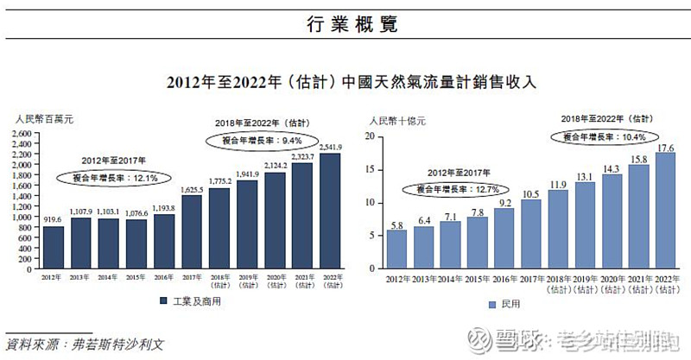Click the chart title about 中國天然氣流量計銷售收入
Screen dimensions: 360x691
pyautogui.click(x=345, y=83)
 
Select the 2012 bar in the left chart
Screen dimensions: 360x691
pyautogui.click(x=54, y=245)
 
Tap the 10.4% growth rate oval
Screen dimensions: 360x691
pyautogui.click(x=603, y=136)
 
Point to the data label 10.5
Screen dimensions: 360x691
pyautogui.click(x=530, y=193)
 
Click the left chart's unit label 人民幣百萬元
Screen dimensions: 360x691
pyautogui.click(x=42, y=118)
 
